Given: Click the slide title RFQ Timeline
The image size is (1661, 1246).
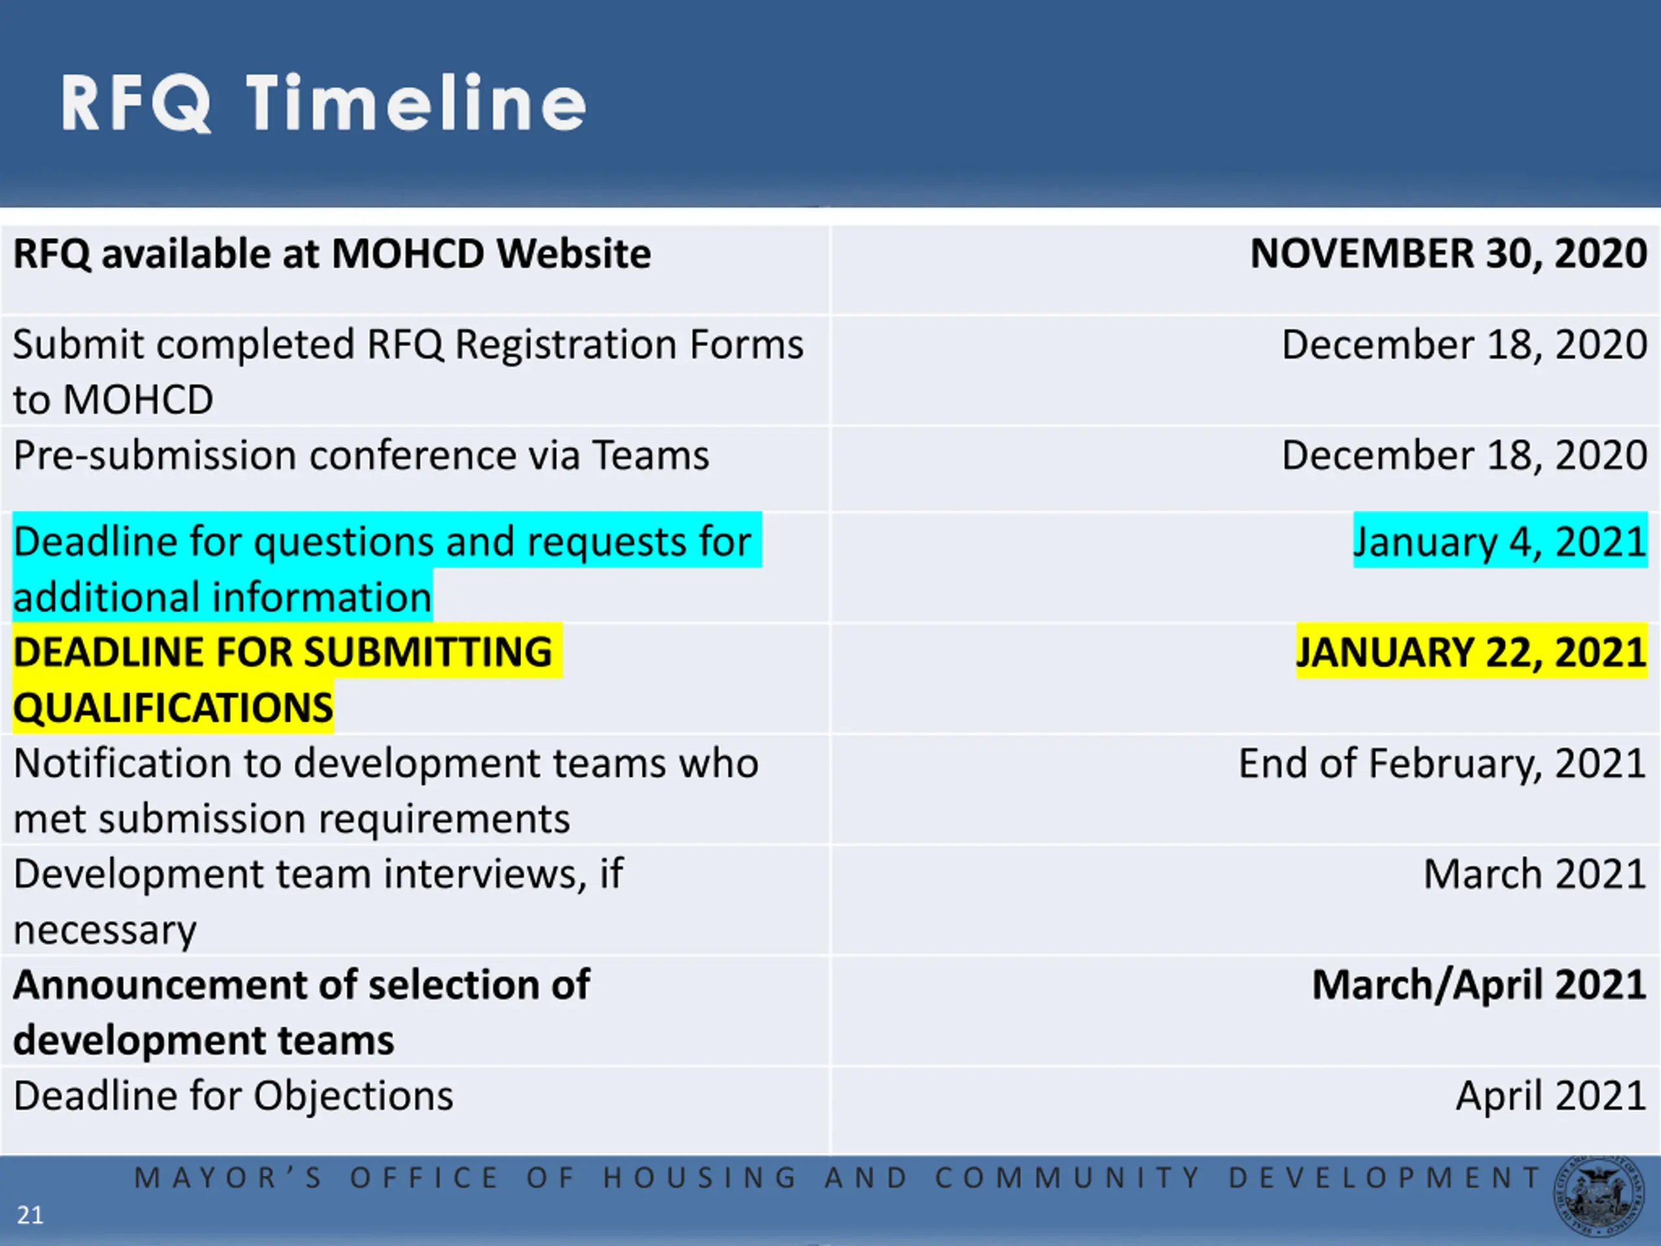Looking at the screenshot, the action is click(x=323, y=103).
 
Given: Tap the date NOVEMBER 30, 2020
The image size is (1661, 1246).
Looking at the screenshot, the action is click(x=1448, y=254).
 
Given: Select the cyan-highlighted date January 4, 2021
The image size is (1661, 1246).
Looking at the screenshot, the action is click(x=1500, y=541).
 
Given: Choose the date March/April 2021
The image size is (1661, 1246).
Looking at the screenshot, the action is click(x=1479, y=985).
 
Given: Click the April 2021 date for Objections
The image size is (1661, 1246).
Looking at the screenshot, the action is click(x=1551, y=1097).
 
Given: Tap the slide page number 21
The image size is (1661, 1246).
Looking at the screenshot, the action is click(x=30, y=1214).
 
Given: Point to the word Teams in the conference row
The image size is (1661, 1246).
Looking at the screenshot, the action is click(x=650, y=456).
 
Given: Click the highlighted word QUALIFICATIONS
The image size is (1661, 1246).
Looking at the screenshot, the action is click(x=173, y=707).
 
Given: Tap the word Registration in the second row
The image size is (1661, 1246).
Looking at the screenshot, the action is click(x=566, y=345).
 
